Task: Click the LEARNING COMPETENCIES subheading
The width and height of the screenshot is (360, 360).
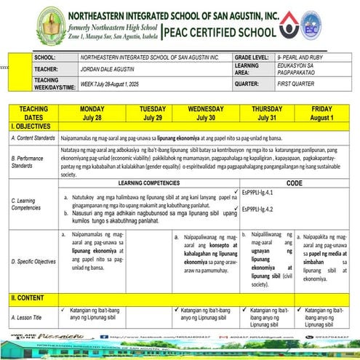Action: click(149, 183)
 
